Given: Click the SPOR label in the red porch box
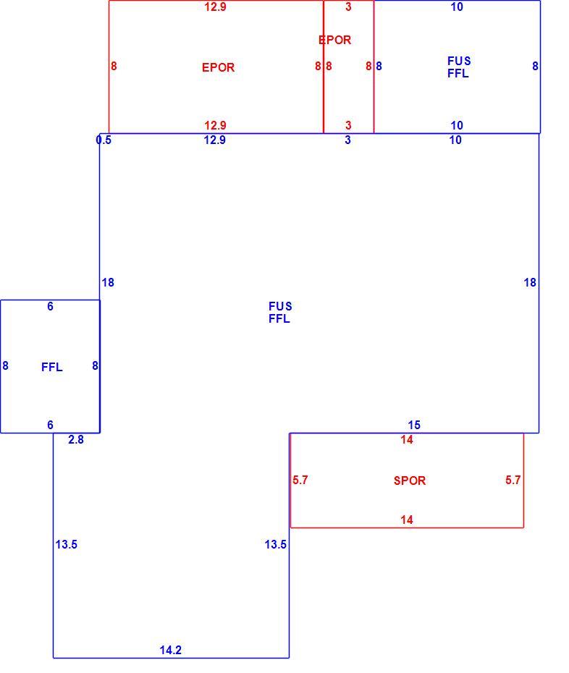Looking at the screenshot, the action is pos(410,481).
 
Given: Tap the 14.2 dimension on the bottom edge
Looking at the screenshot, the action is pos(171,650).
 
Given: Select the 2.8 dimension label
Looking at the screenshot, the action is pos(76,439).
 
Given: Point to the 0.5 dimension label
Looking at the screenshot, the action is pos(104,140).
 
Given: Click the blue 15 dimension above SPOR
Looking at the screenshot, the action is pos(414,425).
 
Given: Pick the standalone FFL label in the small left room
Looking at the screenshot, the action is pos(52,367).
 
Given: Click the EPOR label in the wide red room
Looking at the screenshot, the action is pos(218,67).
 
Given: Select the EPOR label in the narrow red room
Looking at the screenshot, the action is pos(335,40).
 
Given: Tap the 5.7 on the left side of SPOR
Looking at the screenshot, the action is pos(300,480).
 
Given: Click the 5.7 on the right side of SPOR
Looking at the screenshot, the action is pos(513,480).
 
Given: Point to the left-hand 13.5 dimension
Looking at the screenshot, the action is pos(66,544).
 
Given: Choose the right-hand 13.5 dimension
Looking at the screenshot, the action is pos(276,544).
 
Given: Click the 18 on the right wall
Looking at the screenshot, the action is pos(530,282).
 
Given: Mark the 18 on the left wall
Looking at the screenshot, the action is pos(108,282).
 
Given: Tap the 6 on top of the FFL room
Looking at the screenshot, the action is pos(50,306).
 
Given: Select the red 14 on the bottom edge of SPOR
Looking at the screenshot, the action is pos(407,520).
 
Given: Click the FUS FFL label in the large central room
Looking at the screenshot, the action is pos(280,313).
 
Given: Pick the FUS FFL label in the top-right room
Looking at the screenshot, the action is pos(459,67).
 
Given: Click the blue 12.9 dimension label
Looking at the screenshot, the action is pos(215,140).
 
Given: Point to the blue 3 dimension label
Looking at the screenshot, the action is pos(347,140).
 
